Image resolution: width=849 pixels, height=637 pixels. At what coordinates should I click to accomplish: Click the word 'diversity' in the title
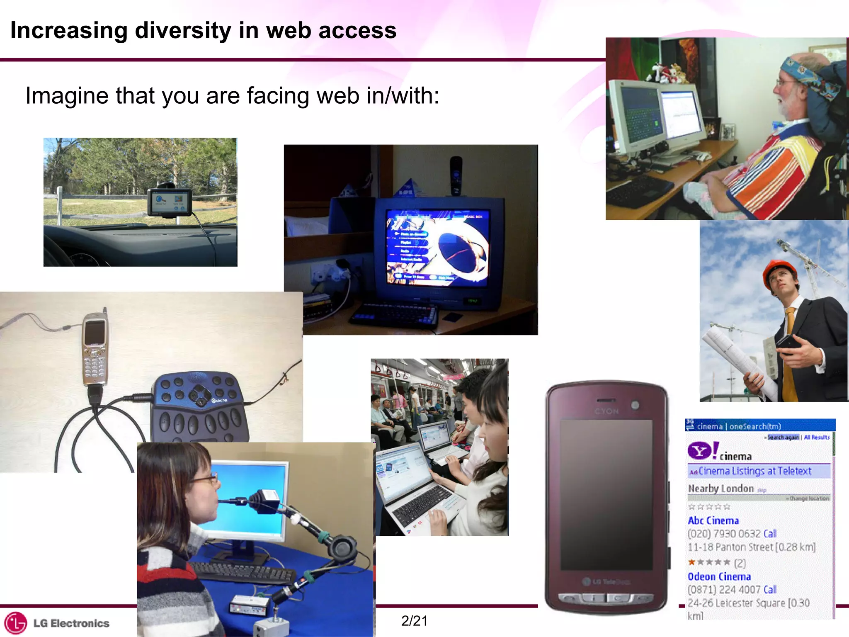click(183, 30)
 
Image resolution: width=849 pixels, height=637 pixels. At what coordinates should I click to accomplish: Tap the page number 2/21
click(414, 620)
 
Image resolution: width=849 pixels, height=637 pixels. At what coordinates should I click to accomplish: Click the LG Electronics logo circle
click(15, 623)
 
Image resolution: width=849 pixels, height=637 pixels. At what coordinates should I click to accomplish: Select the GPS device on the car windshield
click(170, 202)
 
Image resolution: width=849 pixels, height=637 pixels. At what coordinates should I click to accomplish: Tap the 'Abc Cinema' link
click(713, 521)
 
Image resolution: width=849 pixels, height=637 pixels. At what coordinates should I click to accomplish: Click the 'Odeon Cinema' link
click(719, 577)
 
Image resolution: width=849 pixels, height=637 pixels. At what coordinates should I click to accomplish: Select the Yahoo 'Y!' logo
click(702, 451)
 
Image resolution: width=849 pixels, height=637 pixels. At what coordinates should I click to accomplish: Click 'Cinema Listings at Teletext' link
click(754, 471)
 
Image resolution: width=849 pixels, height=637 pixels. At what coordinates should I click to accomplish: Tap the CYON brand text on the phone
click(606, 411)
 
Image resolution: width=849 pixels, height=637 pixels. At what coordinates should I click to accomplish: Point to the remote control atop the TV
click(456, 174)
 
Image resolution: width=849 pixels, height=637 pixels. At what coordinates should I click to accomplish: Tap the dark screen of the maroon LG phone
click(606, 494)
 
